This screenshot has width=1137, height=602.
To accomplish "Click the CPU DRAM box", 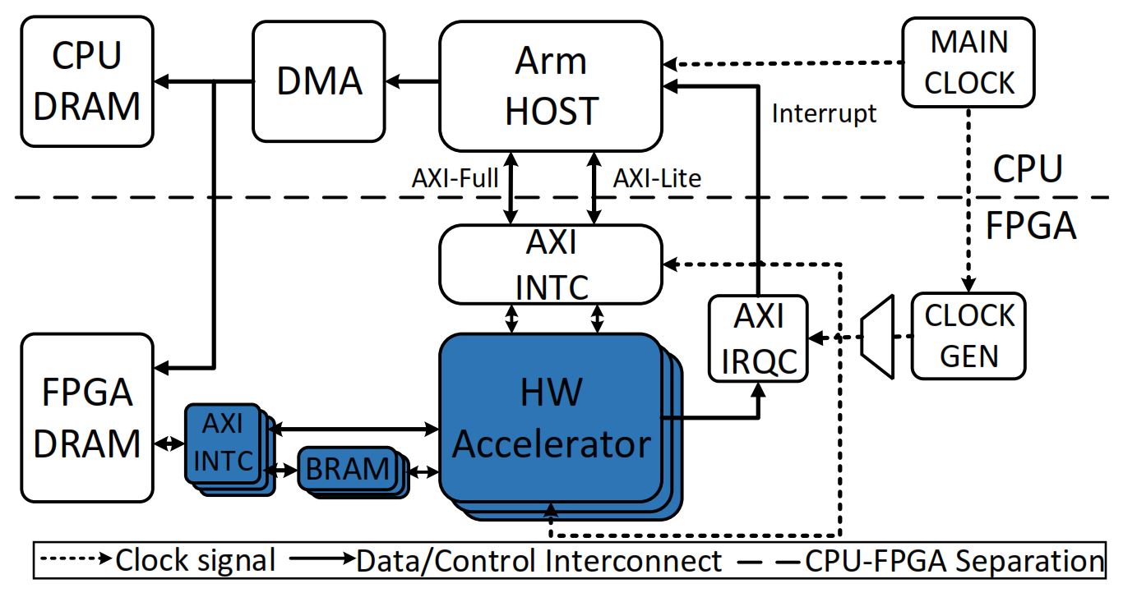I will pyautogui.click(x=87, y=81).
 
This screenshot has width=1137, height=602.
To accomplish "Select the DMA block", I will pyautogui.click(x=320, y=81).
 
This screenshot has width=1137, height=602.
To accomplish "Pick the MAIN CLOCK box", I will pyautogui.click(x=968, y=62).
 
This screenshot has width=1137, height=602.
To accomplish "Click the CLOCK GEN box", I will pyautogui.click(x=969, y=336).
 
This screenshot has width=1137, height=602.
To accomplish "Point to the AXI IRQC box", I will pyautogui.click(x=758, y=338).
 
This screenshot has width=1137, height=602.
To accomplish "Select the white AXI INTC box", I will pyautogui.click(x=551, y=264).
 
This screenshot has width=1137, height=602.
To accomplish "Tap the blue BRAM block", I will pyautogui.click(x=348, y=469).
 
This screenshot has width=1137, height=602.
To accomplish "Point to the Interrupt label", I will pyautogui.click(x=824, y=113).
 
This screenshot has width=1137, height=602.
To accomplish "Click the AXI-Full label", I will pyautogui.click(x=455, y=178).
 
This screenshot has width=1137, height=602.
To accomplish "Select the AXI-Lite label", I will pyautogui.click(x=658, y=178).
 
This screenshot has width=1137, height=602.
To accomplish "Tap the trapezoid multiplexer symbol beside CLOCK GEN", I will pyautogui.click(x=876, y=338).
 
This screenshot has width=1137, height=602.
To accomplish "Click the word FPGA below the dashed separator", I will pyautogui.click(x=1030, y=224).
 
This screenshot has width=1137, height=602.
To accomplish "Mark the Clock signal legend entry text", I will pyautogui.click(x=195, y=561).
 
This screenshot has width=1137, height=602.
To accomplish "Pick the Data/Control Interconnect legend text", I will pyautogui.click(x=538, y=561).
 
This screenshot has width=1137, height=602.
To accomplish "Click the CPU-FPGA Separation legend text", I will pyautogui.click(x=954, y=561).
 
